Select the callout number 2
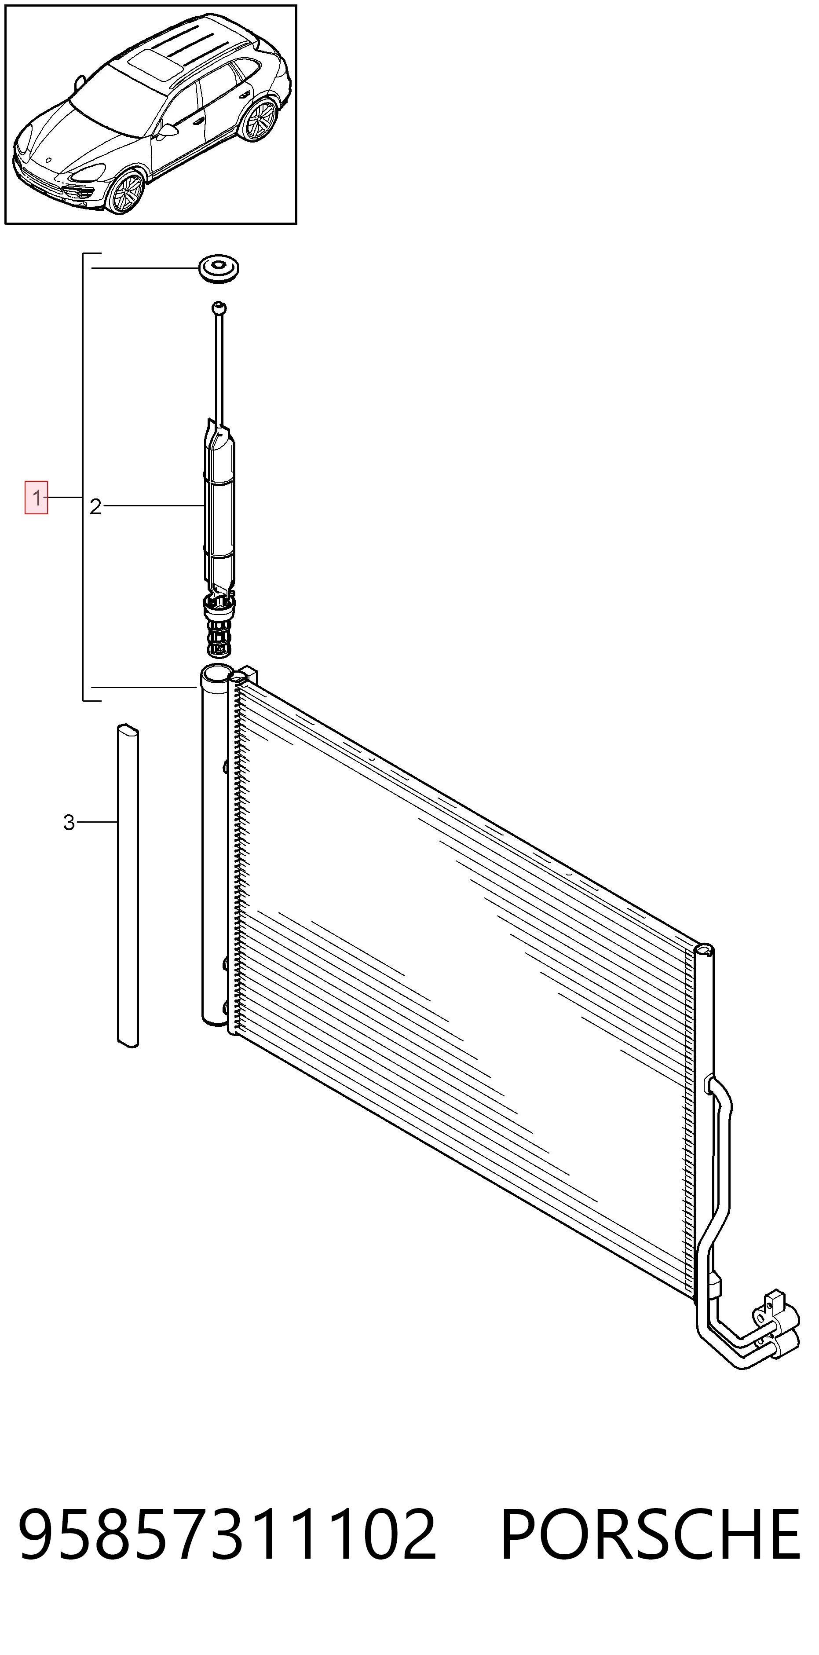pyautogui.click(x=95, y=507)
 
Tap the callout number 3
pyautogui.click(x=69, y=822)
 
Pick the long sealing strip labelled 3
pyautogui.click(x=128, y=886)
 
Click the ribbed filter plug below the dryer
pyautogui.click(x=219, y=626)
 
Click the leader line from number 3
pyautogui.click(x=97, y=822)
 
